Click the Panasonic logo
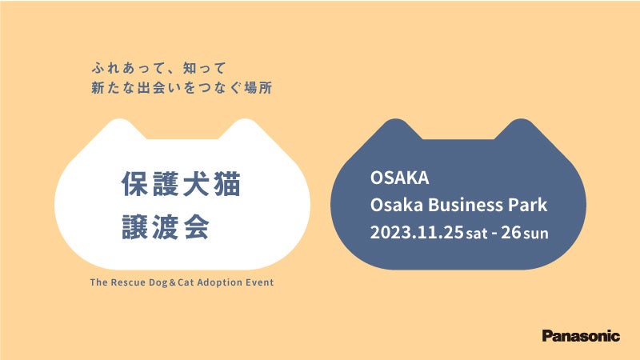(x=581, y=336)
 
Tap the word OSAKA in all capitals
(x=399, y=178)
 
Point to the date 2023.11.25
(x=417, y=232)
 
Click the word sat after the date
(x=477, y=234)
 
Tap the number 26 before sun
(x=511, y=232)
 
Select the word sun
(x=536, y=234)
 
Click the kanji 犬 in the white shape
(x=197, y=184)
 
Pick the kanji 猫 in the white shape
(x=227, y=184)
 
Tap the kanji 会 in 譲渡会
(x=196, y=226)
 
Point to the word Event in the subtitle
(x=259, y=282)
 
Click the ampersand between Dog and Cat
(x=172, y=282)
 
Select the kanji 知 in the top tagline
(x=190, y=68)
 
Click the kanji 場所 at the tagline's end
(x=258, y=88)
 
